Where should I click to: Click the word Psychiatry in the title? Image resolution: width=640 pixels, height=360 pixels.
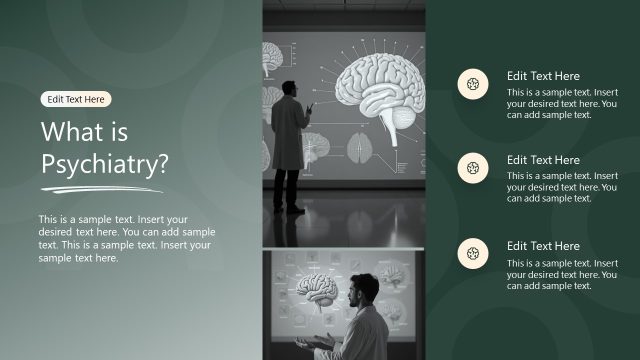104,164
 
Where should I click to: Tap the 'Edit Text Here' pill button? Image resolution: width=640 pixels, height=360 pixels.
76,99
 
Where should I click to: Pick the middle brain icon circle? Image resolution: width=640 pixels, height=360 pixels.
472,170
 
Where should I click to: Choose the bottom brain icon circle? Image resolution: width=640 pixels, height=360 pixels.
472,255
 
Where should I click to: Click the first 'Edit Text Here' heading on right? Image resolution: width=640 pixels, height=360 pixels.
543,76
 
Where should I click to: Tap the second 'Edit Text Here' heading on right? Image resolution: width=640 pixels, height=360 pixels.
543,160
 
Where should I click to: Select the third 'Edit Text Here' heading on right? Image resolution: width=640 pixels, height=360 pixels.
543,246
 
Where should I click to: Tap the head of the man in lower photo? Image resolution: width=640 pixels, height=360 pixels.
364,293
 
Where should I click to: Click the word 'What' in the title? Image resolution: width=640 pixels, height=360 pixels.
71,133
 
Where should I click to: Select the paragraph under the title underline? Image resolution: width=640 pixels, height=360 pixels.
126,238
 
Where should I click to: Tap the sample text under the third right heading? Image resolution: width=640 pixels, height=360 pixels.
561,274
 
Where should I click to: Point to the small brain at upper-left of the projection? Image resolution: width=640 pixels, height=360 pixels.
272,61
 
